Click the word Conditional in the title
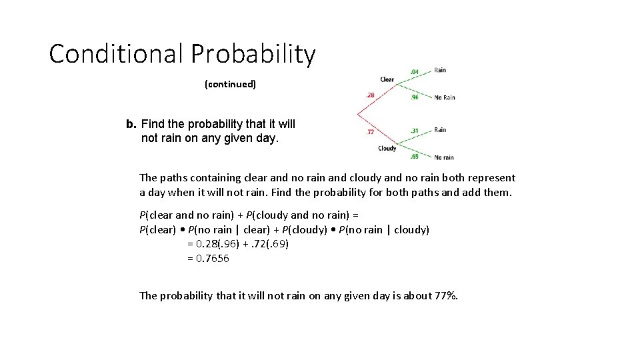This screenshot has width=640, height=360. click(x=115, y=54)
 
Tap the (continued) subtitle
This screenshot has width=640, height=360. click(x=230, y=85)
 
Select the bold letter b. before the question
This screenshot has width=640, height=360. click(x=131, y=125)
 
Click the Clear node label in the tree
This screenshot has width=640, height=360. click(x=387, y=80)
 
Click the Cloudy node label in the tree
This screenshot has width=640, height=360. click(x=387, y=148)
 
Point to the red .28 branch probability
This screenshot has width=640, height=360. click(x=369, y=95)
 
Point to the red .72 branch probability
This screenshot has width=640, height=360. click(x=369, y=132)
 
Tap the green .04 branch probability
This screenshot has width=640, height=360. click(x=414, y=71)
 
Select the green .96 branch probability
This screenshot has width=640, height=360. click(x=414, y=97)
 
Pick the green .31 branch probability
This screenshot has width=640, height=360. click(x=414, y=130)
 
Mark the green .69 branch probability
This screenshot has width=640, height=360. click(x=414, y=156)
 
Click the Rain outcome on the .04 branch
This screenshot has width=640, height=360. click(x=440, y=70)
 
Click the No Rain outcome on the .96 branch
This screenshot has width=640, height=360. click(x=444, y=97)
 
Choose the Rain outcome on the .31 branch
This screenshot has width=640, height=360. click(x=440, y=130)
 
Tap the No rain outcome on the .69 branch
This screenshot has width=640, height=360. click(x=444, y=157)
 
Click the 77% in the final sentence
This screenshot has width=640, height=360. click(x=447, y=295)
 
